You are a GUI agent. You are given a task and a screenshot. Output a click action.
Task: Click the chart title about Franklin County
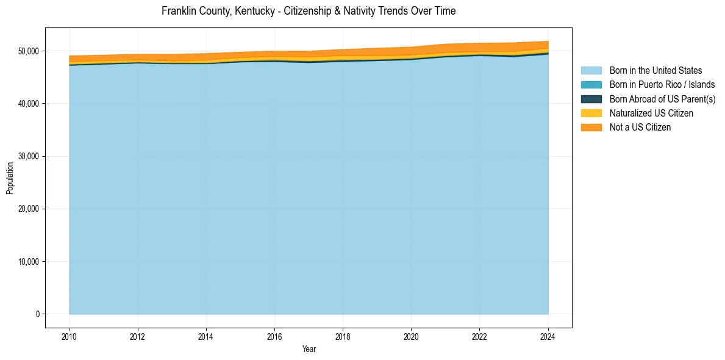[x=309, y=11]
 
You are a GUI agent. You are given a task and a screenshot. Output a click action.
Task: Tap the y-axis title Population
[x=10, y=178]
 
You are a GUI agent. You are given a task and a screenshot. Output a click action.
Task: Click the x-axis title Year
[x=309, y=349]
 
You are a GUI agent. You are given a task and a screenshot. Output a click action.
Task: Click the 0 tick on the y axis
[x=37, y=314]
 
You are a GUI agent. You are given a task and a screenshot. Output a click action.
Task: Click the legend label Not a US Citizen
[x=640, y=127]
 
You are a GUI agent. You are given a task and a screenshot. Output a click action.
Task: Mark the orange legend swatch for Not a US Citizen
[x=591, y=127]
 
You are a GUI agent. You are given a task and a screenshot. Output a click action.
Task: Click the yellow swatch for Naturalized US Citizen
[x=591, y=113]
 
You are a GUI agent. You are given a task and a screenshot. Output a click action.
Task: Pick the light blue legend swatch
[x=591, y=71]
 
